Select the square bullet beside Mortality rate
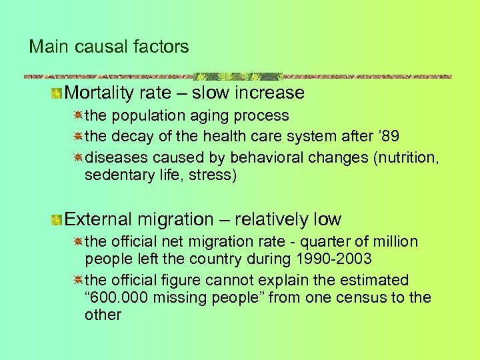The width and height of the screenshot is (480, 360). [x=59, y=93]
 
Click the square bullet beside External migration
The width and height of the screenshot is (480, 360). [x=59, y=219]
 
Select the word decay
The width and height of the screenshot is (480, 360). [x=131, y=137]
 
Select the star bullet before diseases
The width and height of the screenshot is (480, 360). [x=78, y=158]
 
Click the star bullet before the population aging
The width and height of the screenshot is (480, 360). [x=78, y=115]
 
